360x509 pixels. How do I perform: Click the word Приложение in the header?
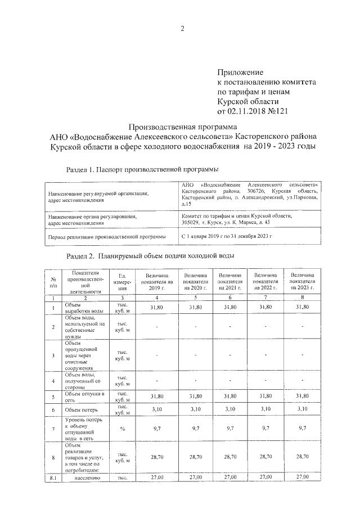pos(241,73)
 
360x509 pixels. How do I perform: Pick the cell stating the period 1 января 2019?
pos(227,237)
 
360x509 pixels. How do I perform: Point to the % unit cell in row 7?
pos(122,429)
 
